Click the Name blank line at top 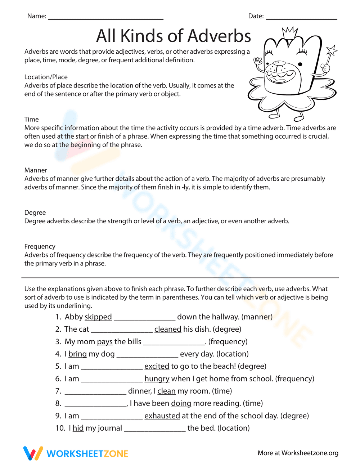[x=105, y=18]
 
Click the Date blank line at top [x=301, y=18]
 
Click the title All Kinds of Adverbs [x=174, y=36]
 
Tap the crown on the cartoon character [x=290, y=32]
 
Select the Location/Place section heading [x=46, y=77]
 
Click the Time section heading [x=31, y=120]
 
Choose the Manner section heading [x=36, y=170]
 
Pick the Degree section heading [x=35, y=213]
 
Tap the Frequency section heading [x=40, y=247]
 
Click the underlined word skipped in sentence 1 [x=98, y=317]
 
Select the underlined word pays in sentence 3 [x=105, y=342]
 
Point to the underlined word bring [x=77, y=354]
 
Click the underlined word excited [x=157, y=366]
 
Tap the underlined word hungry [x=157, y=379]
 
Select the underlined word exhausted [x=162, y=416]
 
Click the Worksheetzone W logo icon [x=33, y=453]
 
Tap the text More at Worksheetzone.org [x=298, y=453]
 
